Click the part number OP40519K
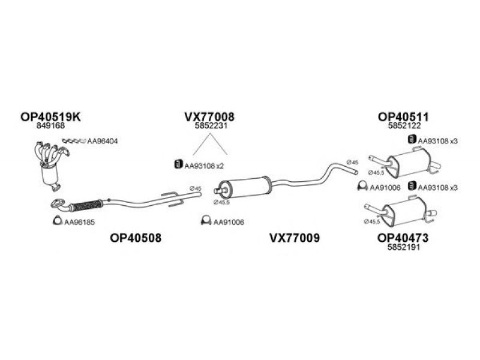point(50,116)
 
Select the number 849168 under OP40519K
point(50,125)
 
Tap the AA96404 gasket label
point(102,141)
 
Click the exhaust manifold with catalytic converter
point(51,166)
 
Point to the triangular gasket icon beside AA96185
point(57,221)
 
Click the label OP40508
point(136,238)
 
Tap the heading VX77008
point(209,116)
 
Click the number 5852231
point(211,126)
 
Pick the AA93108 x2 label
point(204,166)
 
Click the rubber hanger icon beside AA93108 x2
point(178,164)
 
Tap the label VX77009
point(295,238)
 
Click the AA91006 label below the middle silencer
point(229,223)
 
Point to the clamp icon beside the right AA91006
point(362,186)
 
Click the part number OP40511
point(403,116)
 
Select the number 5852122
point(404,125)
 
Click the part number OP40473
point(403,238)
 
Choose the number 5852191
point(403,247)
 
